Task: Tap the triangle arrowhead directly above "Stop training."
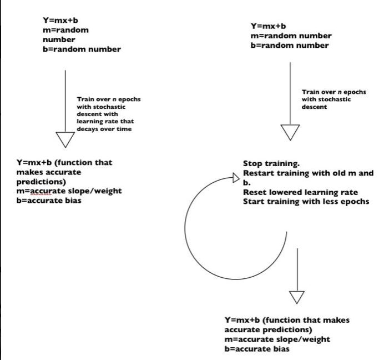(290, 132)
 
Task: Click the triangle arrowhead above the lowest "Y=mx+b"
(297, 297)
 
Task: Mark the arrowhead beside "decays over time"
(65, 139)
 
